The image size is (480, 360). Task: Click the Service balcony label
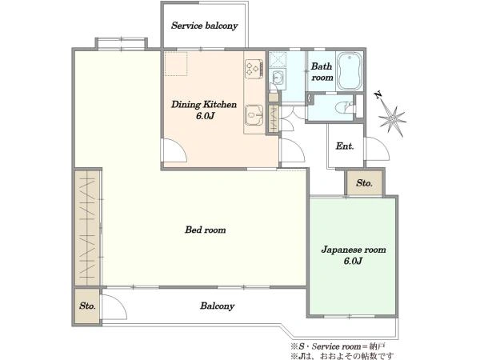pos(205,26)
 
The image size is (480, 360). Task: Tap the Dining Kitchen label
pos(204,110)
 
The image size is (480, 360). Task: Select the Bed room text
pos(206,230)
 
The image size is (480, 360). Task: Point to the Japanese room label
pos(354,255)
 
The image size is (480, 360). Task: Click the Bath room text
pos(322,72)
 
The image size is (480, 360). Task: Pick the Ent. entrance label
pos(345,146)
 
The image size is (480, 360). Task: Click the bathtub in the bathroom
pos(350,71)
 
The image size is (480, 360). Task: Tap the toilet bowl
pos(343,108)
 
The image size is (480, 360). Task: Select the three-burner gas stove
pos(254,69)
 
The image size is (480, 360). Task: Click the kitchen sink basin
pos(254,115)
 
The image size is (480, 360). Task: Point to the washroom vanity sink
pos(278,78)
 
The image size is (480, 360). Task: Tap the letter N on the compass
pos(378,95)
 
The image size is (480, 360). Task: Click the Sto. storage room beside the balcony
pos(87,306)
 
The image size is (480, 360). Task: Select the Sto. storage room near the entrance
pos(364,182)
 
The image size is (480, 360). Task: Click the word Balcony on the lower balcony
pos(218,306)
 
